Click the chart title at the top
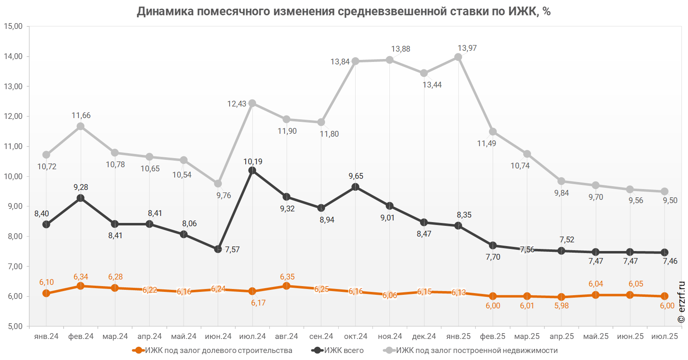point(344,11)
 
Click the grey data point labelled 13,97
point(458,57)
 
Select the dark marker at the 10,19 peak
point(252,171)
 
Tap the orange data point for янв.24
point(46,293)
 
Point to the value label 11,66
point(81,116)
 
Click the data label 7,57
point(232,249)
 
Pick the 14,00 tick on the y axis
point(13,57)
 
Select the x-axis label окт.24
point(356,336)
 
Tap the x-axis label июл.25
point(664,336)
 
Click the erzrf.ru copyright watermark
point(681,302)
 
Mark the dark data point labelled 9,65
point(355,187)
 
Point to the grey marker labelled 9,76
point(218,183)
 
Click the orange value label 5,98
point(562,306)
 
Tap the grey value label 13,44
point(432,85)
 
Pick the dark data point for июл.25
point(664,252)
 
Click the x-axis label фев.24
point(81,336)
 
